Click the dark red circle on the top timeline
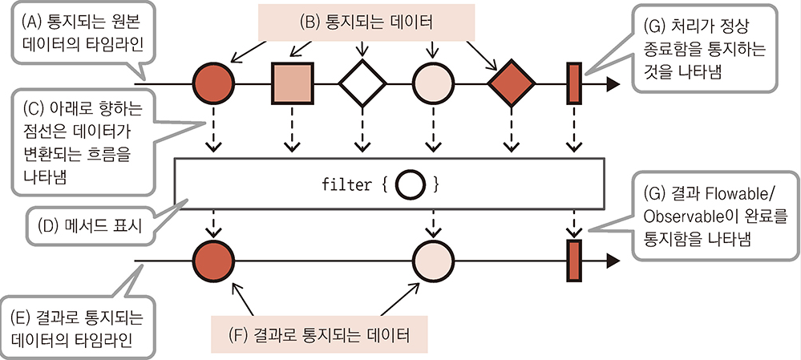coord(214,83)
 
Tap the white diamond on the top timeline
coord(362,83)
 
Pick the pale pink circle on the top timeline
coord(434,83)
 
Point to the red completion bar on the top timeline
coord(574,83)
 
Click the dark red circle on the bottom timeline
coord(214,261)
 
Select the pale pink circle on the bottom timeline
coord(434,261)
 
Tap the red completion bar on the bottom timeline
coord(574,261)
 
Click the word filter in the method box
coord(346,184)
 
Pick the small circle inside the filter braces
coord(409,184)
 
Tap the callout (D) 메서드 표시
coord(89,226)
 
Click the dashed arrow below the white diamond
coord(362,132)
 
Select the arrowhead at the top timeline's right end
coord(613,83)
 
